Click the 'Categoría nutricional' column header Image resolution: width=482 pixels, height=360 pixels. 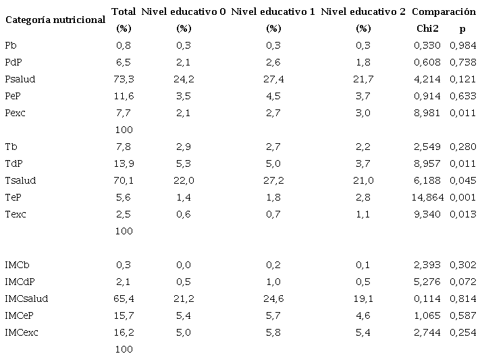point(55,20)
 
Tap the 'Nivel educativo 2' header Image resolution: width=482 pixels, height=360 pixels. point(363,11)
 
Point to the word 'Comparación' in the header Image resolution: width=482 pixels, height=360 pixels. point(444,11)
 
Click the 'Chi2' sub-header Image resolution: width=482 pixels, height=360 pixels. point(427,28)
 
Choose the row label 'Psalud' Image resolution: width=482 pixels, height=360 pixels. point(20,79)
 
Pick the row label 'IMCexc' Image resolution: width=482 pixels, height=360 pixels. point(21,332)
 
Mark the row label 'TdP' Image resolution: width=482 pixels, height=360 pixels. point(13,163)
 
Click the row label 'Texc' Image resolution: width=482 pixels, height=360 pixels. point(16,214)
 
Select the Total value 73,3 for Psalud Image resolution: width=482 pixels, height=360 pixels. point(124,79)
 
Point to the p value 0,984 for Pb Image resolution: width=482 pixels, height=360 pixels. point(463,45)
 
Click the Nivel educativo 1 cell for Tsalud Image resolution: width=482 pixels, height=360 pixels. point(273,180)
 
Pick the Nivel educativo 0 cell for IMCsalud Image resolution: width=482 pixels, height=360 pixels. point(183,299)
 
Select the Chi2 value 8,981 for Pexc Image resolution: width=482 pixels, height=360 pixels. point(427,113)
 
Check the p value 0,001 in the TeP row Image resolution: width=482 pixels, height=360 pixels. point(463,197)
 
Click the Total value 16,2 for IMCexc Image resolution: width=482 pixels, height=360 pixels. point(124,332)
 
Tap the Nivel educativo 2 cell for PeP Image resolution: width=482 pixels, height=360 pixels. point(363,96)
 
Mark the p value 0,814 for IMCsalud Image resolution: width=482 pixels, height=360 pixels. point(463,299)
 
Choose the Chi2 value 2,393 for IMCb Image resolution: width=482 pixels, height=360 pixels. point(427,265)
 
